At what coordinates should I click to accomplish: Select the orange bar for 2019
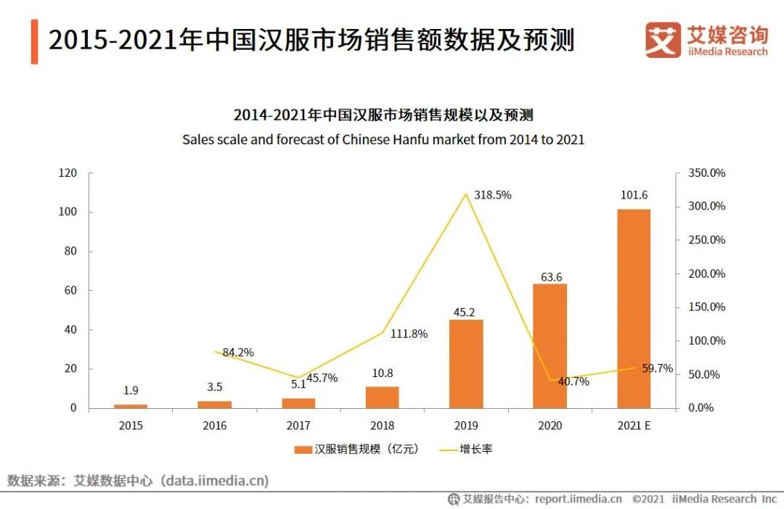point(466,363)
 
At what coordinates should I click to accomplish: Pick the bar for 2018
point(382,397)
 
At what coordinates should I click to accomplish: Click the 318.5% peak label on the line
point(493,195)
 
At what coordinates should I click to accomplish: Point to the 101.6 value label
point(634,195)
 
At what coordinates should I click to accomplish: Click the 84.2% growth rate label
point(238,352)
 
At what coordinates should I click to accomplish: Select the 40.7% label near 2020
point(573,381)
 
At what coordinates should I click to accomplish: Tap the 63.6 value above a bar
point(550,276)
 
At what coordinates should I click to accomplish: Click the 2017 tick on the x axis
point(298,426)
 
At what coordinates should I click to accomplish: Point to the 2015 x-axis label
point(131,426)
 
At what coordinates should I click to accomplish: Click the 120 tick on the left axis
point(68,173)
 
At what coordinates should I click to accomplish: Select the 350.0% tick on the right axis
point(707,173)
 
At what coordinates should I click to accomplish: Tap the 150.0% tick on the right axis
point(707,307)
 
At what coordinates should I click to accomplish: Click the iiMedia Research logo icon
point(663,39)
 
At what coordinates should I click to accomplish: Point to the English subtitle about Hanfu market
point(383,139)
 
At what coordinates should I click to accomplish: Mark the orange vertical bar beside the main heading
point(34,41)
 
